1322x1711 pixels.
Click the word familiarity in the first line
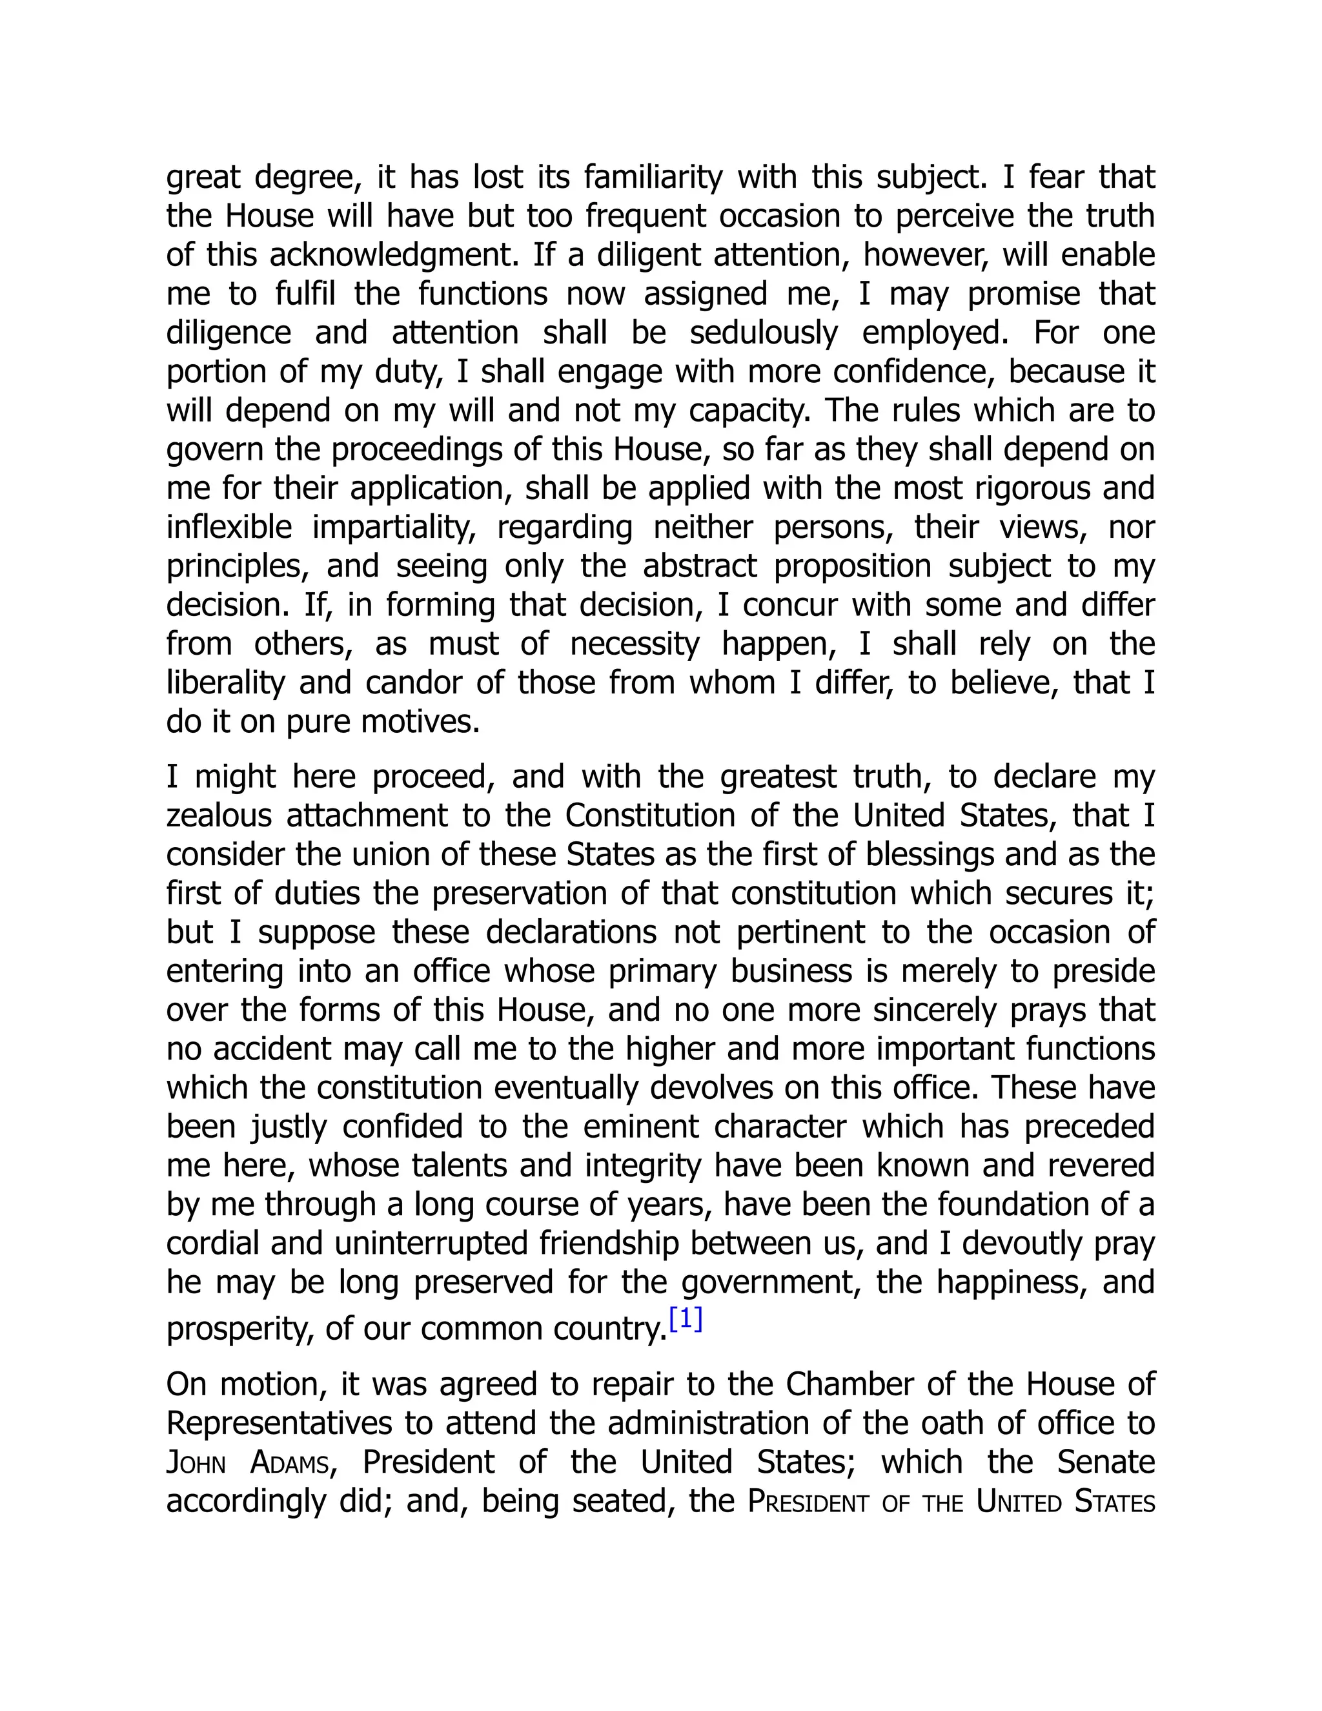point(653,177)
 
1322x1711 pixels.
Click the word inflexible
point(229,528)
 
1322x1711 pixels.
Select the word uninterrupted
point(432,1244)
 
